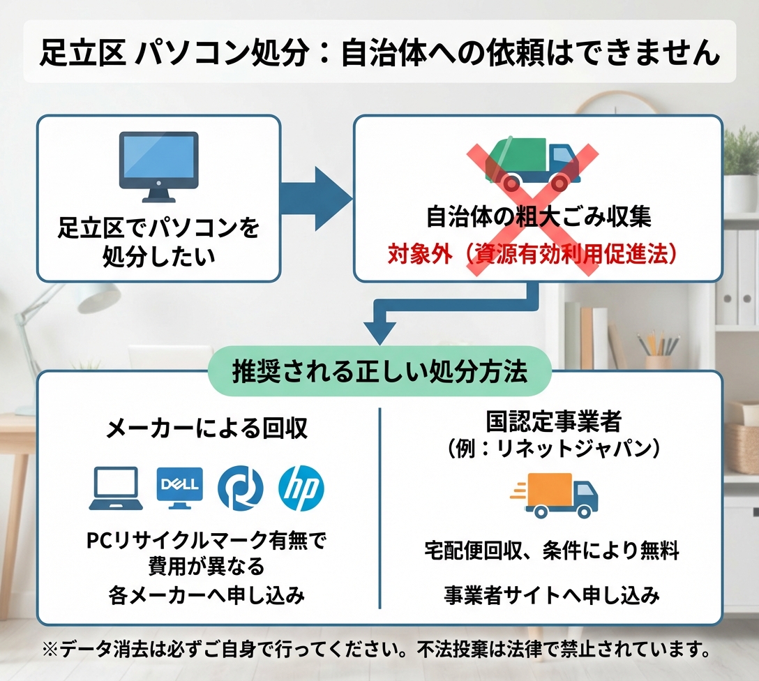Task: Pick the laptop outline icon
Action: [117, 489]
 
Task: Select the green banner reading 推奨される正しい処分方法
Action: [379, 371]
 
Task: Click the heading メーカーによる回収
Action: [206, 428]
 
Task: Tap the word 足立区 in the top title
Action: [82, 53]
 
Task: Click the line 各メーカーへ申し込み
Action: [206, 595]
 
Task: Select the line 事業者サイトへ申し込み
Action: [552, 595]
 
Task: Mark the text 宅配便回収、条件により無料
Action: [552, 552]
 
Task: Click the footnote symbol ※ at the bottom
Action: [50, 650]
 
